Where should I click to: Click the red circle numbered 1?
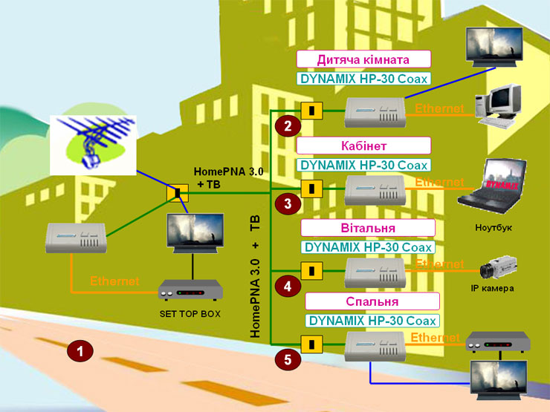(80, 350)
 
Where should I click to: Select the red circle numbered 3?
(288, 203)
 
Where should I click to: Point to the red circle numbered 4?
(288, 284)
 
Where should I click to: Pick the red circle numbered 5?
(288, 360)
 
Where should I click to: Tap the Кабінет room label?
(363, 144)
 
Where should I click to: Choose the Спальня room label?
(372, 301)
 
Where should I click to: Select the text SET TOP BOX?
(190, 314)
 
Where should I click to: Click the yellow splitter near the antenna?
(178, 194)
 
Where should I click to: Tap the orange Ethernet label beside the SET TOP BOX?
(114, 281)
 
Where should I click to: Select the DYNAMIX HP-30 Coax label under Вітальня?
(369, 246)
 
